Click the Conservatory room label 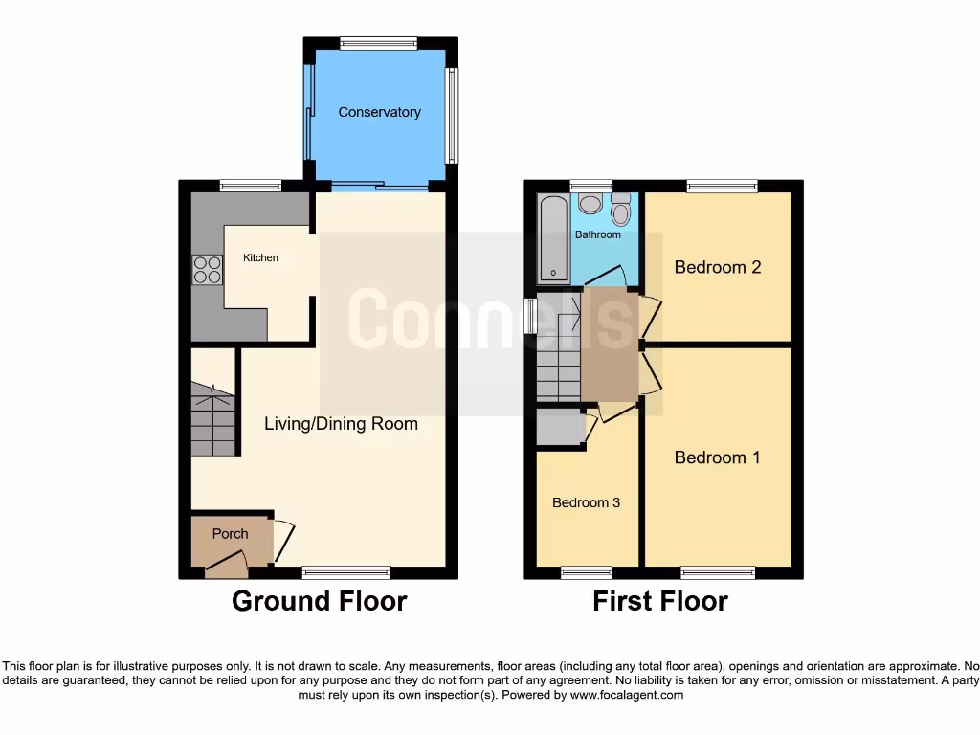(x=379, y=112)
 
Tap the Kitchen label (x=260, y=257)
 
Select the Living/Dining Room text (x=341, y=423)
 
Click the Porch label (x=230, y=534)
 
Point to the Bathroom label (x=597, y=234)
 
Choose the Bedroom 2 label (x=717, y=267)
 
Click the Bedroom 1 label (x=717, y=457)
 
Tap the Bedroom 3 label (x=587, y=502)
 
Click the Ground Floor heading (x=319, y=601)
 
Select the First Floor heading (x=660, y=601)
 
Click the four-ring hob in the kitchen (x=207, y=270)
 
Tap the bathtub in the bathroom (x=553, y=238)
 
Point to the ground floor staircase (x=212, y=419)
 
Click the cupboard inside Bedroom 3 (x=560, y=427)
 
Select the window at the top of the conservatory (x=378, y=43)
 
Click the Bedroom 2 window (x=722, y=187)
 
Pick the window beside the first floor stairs (x=530, y=316)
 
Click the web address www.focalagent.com (x=627, y=696)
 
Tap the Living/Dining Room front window (x=345, y=572)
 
